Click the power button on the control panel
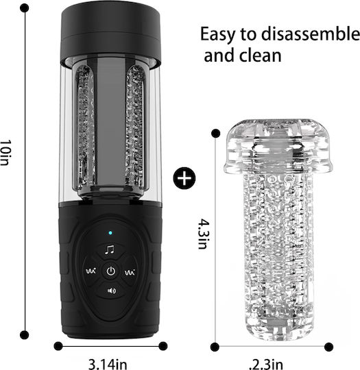(111, 271)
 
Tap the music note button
(110, 249)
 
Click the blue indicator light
(110, 233)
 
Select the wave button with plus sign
(91, 271)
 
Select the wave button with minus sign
(130, 272)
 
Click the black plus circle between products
(184, 178)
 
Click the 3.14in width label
(108, 364)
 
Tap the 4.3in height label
(204, 234)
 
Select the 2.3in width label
(266, 365)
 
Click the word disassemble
(311, 34)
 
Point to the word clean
(261, 56)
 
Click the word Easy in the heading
(217, 35)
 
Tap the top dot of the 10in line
(25, 8)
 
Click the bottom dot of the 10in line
(25, 334)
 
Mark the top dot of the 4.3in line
(215, 134)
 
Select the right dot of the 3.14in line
(163, 346)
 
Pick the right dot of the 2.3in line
(328, 347)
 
